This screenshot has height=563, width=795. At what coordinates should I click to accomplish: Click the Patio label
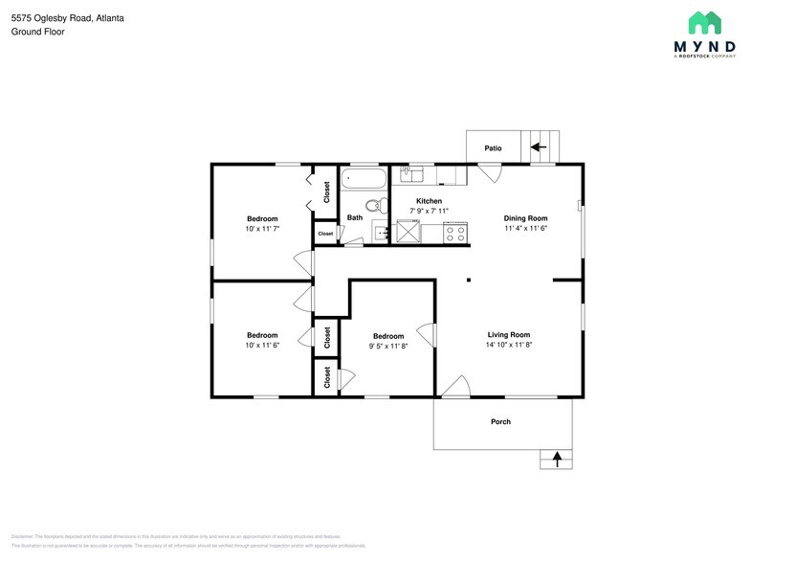[x=493, y=148]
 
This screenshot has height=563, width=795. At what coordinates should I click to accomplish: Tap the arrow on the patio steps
[x=539, y=147]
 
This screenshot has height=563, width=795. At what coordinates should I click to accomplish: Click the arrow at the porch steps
[x=556, y=460]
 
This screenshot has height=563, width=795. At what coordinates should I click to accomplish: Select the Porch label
[x=500, y=421]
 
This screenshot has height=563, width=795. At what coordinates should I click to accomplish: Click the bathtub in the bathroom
[x=364, y=178]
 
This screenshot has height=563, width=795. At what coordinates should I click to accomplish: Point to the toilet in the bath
[x=375, y=204]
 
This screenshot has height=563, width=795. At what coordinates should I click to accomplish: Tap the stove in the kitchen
[x=456, y=231]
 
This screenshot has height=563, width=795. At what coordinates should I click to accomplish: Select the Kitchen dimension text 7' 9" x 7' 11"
[x=429, y=211]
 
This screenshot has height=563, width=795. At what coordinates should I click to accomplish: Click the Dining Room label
[x=525, y=218]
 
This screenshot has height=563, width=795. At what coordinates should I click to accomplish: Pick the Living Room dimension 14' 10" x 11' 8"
[x=509, y=345]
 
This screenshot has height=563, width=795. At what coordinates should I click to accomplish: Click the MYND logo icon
[x=705, y=24]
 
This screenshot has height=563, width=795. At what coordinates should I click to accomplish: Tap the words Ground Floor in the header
[x=34, y=32]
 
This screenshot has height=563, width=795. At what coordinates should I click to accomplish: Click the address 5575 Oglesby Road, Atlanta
[x=67, y=18]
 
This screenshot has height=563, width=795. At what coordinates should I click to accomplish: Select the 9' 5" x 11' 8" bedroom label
[x=388, y=346]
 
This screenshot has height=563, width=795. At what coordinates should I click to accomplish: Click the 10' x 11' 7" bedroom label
[x=262, y=229]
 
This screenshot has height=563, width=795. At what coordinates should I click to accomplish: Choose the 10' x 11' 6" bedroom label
[x=262, y=345]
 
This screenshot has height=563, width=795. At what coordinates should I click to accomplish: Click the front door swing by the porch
[x=453, y=387]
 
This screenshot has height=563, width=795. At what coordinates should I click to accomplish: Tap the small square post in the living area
[x=468, y=281]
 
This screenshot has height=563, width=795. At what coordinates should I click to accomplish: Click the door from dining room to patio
[x=490, y=172]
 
